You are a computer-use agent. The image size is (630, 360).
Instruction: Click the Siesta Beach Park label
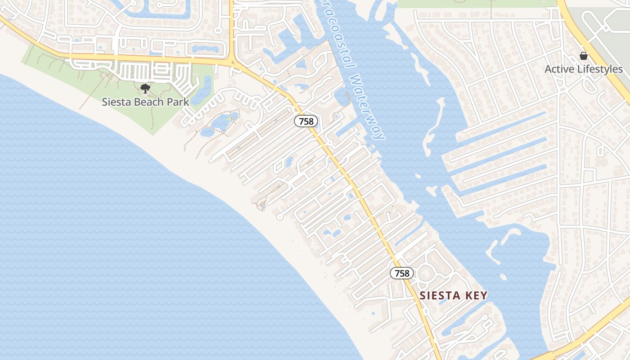pos(145,102)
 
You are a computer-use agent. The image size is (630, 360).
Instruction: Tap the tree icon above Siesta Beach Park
pos(145,89)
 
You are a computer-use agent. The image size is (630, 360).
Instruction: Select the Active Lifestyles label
pos(584,69)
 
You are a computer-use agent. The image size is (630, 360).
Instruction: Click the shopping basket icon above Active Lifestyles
pos(584,56)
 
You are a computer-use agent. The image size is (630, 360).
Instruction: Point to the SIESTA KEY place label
pos(453,296)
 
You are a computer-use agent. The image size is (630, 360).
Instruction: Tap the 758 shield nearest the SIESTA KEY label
pos(401,273)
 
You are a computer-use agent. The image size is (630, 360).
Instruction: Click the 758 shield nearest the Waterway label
pos(306,121)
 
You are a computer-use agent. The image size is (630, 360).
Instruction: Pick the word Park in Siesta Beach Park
pos(178,102)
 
